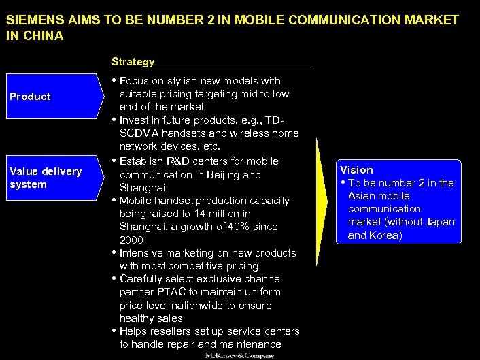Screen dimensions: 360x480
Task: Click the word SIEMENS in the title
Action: tap(31, 20)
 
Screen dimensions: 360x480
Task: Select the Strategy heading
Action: tap(133, 61)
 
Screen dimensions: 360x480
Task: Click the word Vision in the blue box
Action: tap(356, 169)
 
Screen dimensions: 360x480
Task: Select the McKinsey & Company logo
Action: tap(240, 355)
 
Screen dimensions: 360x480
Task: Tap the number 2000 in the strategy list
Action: tap(131, 240)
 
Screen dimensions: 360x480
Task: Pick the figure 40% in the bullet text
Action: tap(238, 226)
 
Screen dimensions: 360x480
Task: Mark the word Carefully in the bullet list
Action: tap(143, 279)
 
